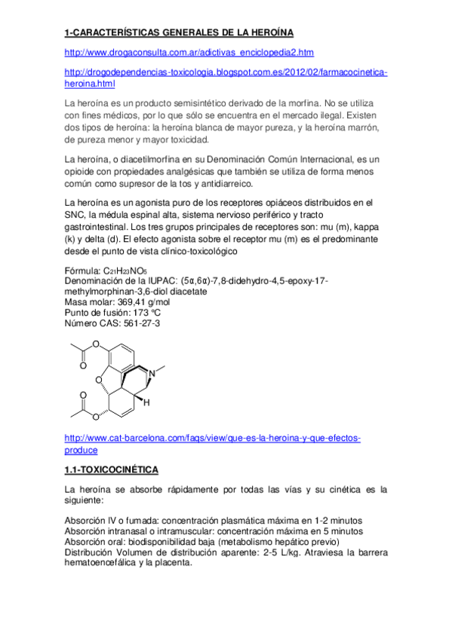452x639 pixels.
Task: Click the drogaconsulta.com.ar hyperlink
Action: click(189, 52)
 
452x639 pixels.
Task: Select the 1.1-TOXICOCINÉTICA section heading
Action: click(112, 470)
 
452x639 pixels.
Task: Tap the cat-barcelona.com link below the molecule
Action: click(214, 438)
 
